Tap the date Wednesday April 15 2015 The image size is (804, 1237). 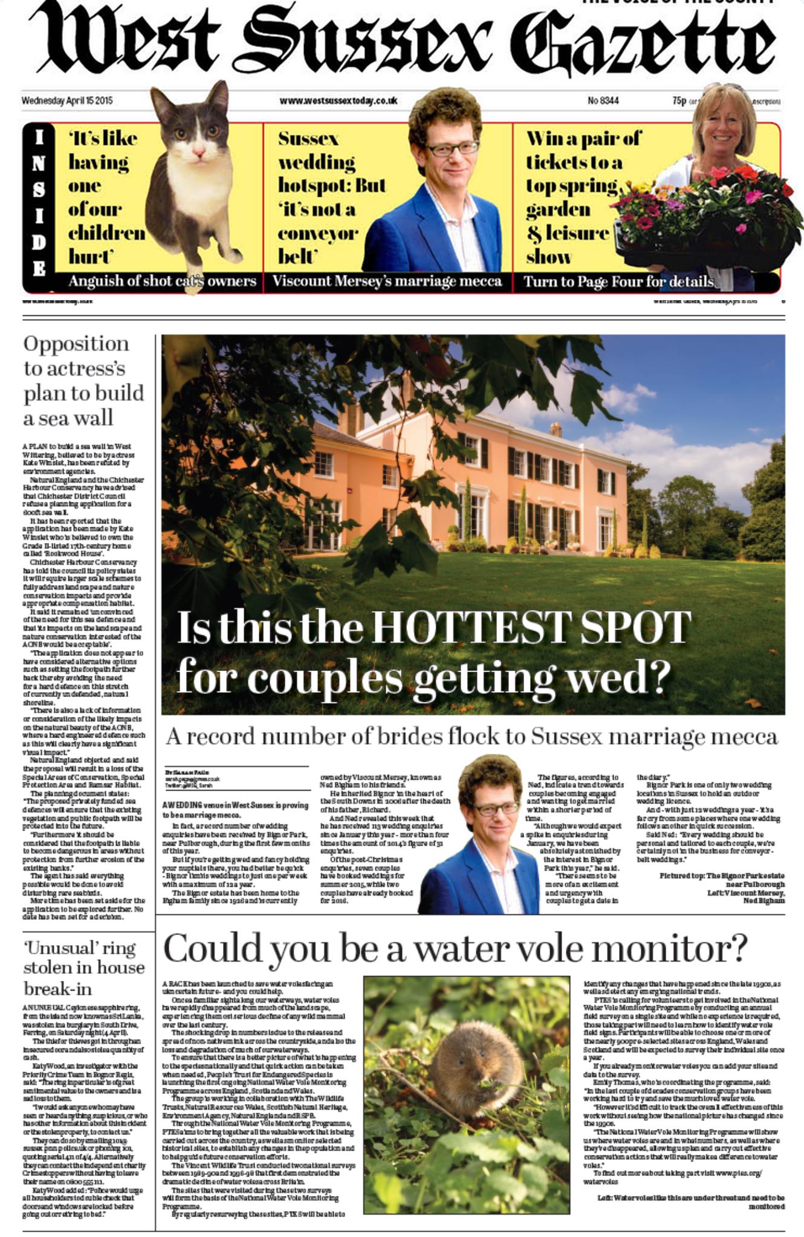click(67, 101)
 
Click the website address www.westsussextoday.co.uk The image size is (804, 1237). click(338, 101)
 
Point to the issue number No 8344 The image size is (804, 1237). click(603, 100)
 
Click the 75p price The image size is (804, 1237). click(679, 100)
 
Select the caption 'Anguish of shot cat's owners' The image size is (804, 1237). click(162, 281)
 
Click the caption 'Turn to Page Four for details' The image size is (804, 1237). click(618, 281)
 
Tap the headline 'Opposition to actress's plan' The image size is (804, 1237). click(83, 381)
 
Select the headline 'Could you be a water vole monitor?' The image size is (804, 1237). click(455, 949)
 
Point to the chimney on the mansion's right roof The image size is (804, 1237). click(555, 429)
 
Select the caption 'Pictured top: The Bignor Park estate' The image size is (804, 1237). click(721, 875)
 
